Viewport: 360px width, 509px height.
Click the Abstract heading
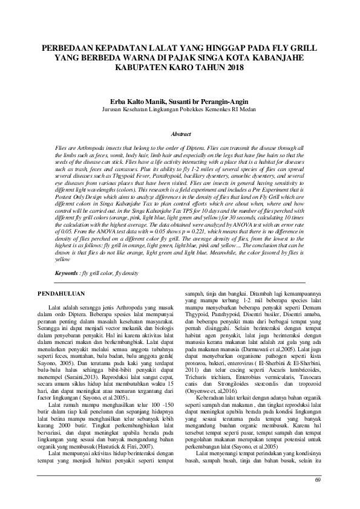click(182, 134)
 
